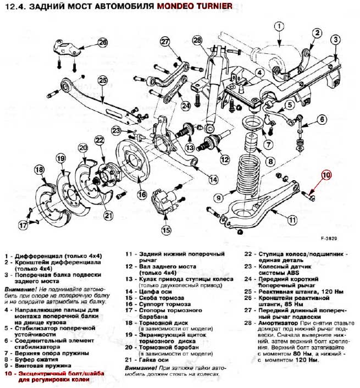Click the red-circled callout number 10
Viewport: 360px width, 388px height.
[x=326, y=176]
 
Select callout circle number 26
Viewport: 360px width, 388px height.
[x=102, y=42]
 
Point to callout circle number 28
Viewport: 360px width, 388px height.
[x=197, y=40]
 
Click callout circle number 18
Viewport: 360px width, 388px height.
[x=39, y=170]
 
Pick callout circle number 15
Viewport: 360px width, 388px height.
[x=165, y=230]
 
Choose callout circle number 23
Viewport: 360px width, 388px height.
[x=116, y=130]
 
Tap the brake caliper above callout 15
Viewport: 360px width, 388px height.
[x=164, y=200]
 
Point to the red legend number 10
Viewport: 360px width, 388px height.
[x=7, y=374]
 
